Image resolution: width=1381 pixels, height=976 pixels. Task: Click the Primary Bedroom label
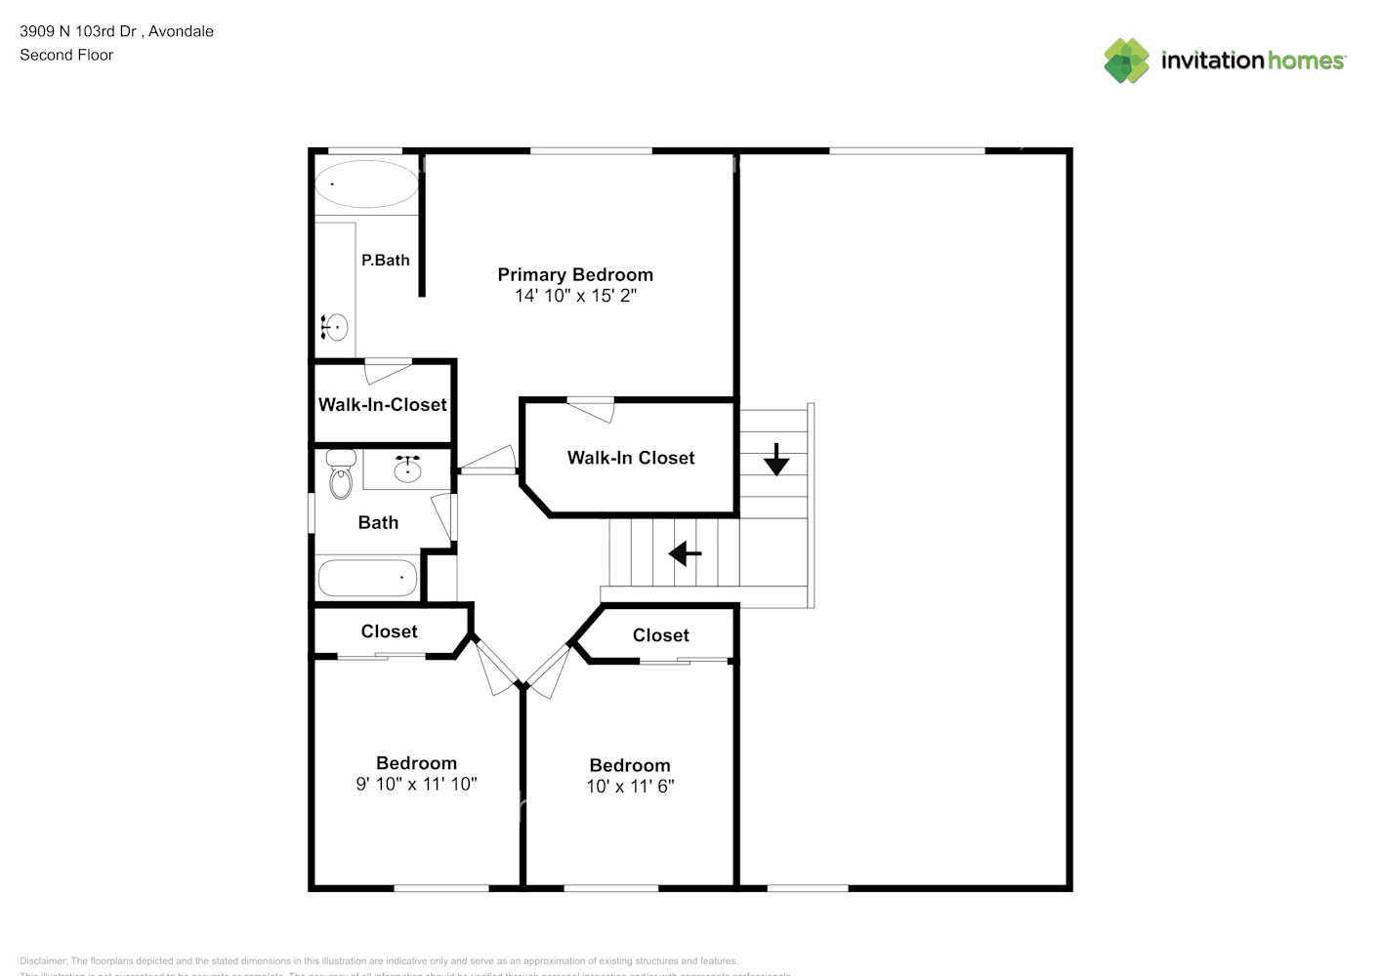[x=575, y=275]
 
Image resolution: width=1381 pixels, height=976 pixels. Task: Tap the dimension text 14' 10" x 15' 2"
[x=575, y=296]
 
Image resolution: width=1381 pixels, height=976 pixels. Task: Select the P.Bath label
[x=385, y=261]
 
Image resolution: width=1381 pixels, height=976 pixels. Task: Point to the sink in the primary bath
[x=336, y=326]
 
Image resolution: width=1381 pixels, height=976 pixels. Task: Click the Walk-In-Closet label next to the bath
[x=382, y=405]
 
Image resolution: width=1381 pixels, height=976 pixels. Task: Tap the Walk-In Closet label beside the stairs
[x=631, y=458]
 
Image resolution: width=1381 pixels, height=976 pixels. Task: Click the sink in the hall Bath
[x=407, y=470]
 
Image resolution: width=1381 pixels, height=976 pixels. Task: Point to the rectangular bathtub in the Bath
[x=367, y=578]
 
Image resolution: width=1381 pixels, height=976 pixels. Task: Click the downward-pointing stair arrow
[x=776, y=459]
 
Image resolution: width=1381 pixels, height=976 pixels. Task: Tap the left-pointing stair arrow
[x=685, y=554]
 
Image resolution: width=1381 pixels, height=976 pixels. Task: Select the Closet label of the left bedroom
[x=389, y=631]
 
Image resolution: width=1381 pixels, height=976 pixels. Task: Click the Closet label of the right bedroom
[x=660, y=635]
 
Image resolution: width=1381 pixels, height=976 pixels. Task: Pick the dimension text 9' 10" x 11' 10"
[x=416, y=784]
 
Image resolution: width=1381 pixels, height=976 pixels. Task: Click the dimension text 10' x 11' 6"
[x=630, y=787]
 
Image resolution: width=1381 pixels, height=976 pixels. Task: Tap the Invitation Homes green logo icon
[x=1126, y=61]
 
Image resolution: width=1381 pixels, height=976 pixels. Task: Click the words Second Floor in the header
[x=66, y=55]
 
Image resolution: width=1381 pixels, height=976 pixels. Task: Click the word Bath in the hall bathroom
[x=378, y=523]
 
